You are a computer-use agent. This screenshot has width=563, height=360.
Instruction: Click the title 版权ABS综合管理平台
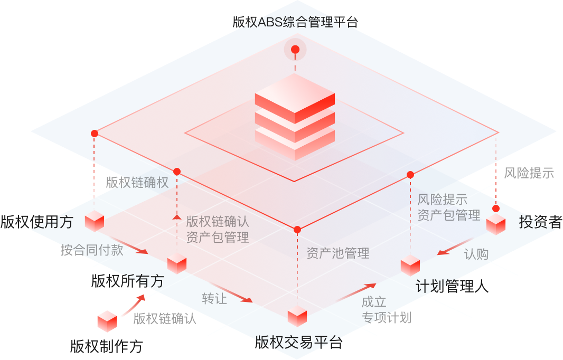point(295,22)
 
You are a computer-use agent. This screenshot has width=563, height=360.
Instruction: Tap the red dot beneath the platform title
point(295,50)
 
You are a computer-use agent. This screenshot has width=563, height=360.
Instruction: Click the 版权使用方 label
point(36,222)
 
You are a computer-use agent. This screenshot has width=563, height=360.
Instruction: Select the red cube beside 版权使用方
point(95,221)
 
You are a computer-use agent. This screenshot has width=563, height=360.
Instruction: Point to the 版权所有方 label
point(127,281)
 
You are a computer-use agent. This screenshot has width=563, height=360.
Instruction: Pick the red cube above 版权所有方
point(177,263)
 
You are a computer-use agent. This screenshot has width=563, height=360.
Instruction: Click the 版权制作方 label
point(106,346)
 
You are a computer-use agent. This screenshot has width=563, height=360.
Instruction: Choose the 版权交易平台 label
point(298,343)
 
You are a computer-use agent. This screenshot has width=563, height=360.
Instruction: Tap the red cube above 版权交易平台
point(297,316)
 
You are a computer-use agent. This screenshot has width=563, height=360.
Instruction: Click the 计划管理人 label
point(452,286)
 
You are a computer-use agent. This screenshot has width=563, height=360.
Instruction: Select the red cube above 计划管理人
point(410,265)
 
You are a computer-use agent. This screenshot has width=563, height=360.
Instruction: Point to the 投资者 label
point(540,222)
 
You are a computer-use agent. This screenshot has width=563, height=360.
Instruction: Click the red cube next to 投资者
point(496,224)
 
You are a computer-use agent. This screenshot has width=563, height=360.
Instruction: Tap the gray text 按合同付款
point(92,250)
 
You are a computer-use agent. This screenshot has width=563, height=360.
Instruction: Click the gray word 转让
point(214,298)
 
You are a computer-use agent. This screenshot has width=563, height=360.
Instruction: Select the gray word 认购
point(476,254)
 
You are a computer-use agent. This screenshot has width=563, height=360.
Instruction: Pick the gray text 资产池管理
point(338,253)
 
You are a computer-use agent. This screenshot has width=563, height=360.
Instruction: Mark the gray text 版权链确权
point(137,183)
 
